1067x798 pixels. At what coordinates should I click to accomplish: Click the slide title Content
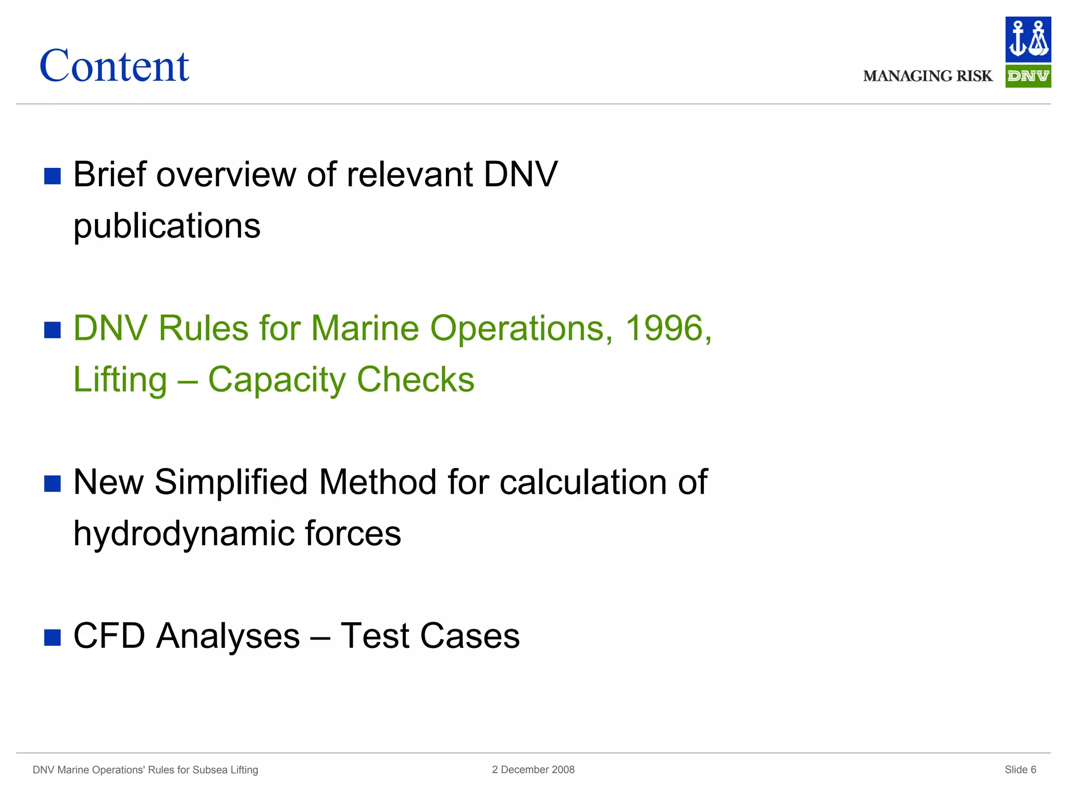tap(114, 66)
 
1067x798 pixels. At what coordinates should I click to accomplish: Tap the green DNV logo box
tap(1027, 76)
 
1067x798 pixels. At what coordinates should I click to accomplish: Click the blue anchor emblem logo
tap(1027, 40)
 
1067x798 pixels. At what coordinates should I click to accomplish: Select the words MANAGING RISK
tap(927, 76)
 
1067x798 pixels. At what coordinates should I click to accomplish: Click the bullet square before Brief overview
tap(53, 176)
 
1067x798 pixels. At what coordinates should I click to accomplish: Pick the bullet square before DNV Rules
tap(53, 330)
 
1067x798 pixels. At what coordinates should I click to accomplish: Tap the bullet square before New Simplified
tap(53, 484)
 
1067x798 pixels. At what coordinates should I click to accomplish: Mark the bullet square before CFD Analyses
tap(53, 637)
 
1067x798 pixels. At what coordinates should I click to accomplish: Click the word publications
tap(167, 226)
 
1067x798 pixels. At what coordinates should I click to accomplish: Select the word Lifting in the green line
tap(120, 379)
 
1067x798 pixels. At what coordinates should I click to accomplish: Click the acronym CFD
tap(109, 636)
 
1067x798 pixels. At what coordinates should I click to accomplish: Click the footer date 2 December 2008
tap(533, 769)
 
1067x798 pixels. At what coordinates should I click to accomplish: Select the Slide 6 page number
tap(1020, 769)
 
